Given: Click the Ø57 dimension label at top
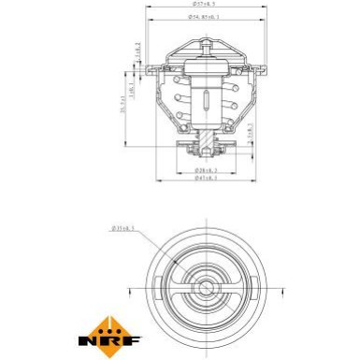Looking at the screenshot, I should click(x=204, y=7).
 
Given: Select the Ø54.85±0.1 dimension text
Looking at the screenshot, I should click(x=205, y=18).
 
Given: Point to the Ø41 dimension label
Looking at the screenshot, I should click(x=204, y=182).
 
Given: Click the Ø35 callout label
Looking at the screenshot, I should click(x=122, y=226).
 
